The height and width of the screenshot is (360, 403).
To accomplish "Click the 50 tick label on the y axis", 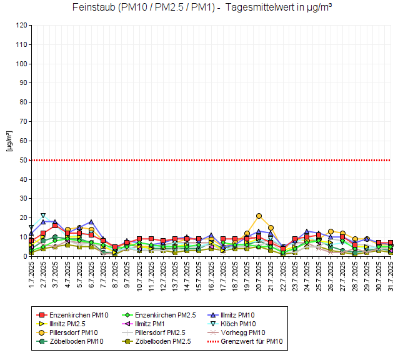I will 23,161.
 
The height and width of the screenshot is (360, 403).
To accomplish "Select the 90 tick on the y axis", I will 23,83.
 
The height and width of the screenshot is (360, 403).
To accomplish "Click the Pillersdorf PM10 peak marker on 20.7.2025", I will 259,216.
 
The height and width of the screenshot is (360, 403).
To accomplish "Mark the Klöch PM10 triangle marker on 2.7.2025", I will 43,216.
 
